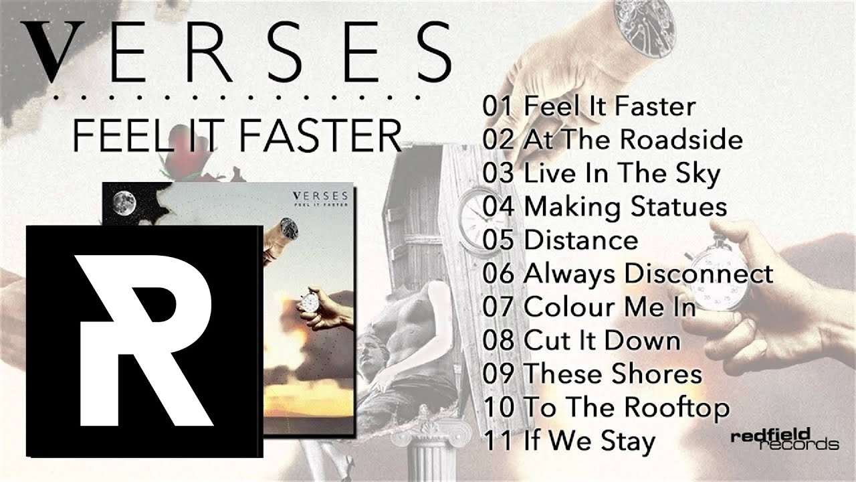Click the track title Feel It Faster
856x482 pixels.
pyautogui.click(x=609, y=106)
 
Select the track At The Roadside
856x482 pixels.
pyautogui.click(x=633, y=139)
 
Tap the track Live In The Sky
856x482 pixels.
pyautogui.click(x=622, y=173)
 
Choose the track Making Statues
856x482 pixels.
pyautogui.click(x=625, y=207)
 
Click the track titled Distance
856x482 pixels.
pyautogui.click(x=581, y=240)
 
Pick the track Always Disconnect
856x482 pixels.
pyautogui.click(x=649, y=274)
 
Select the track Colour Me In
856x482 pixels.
pyautogui.click(x=609, y=307)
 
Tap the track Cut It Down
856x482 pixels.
pyautogui.click(x=602, y=341)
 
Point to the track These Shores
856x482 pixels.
pyautogui.click(x=613, y=374)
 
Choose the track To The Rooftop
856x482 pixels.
pyautogui.click(x=627, y=408)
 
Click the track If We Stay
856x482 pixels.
pyautogui.click(x=589, y=441)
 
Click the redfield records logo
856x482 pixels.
pyautogui.click(x=784, y=440)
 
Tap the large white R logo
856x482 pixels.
pyautogui.click(x=144, y=341)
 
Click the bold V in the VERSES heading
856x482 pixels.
pyautogui.click(x=52, y=52)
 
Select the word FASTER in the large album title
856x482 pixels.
pyautogui.click(x=322, y=136)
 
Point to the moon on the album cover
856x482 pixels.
pyautogui.click(x=124, y=203)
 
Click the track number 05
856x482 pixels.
pyautogui.click(x=498, y=240)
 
